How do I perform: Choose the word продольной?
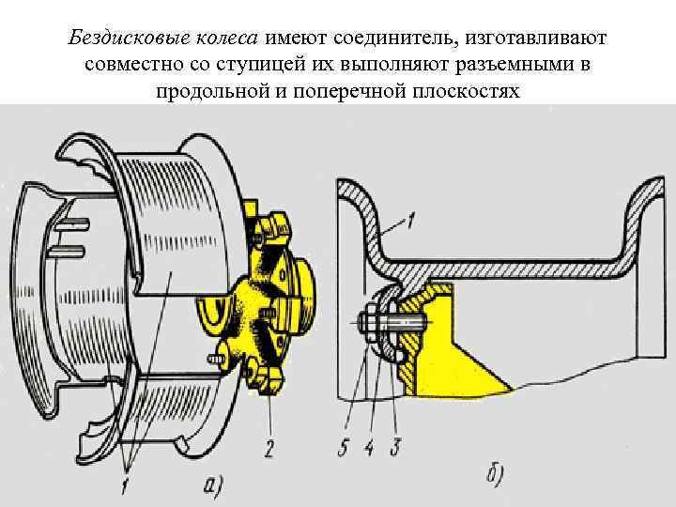(x=220, y=94)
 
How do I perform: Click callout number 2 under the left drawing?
(x=269, y=450)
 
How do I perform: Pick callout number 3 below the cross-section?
(x=395, y=448)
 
